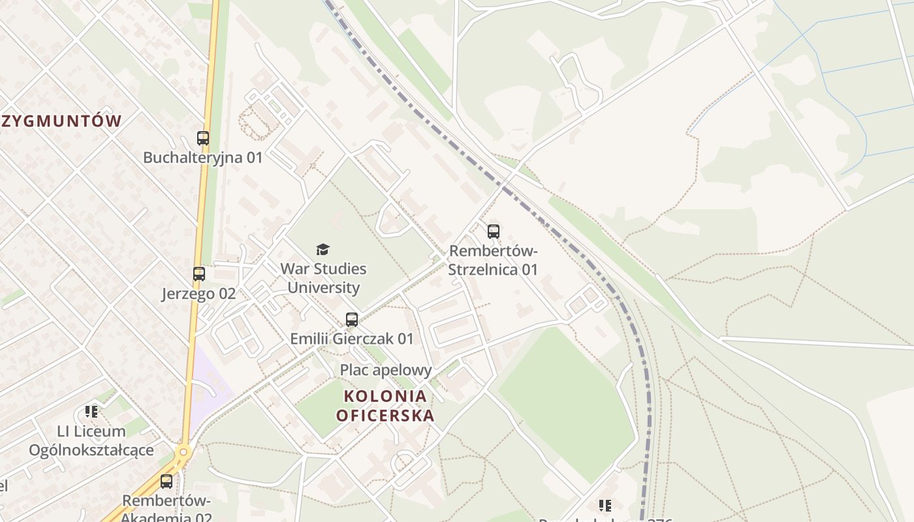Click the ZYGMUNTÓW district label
click(61, 121)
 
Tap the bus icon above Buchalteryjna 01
click(203, 138)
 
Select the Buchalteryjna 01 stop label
click(202, 157)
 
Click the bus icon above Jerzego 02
click(199, 274)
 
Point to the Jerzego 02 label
click(198, 294)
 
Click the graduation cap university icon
click(323, 249)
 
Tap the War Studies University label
click(323, 278)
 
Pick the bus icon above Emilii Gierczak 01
click(352, 320)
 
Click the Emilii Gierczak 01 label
click(352, 339)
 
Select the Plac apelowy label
click(386, 370)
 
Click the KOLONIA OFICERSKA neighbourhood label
click(385, 405)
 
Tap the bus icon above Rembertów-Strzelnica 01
click(494, 231)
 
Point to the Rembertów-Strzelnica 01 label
click(494, 260)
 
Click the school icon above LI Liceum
click(91, 412)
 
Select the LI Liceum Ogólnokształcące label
click(91, 440)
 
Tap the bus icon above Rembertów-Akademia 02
click(166, 482)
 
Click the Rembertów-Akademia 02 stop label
click(167, 509)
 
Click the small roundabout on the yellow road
click(183, 451)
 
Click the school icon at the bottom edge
click(605, 506)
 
